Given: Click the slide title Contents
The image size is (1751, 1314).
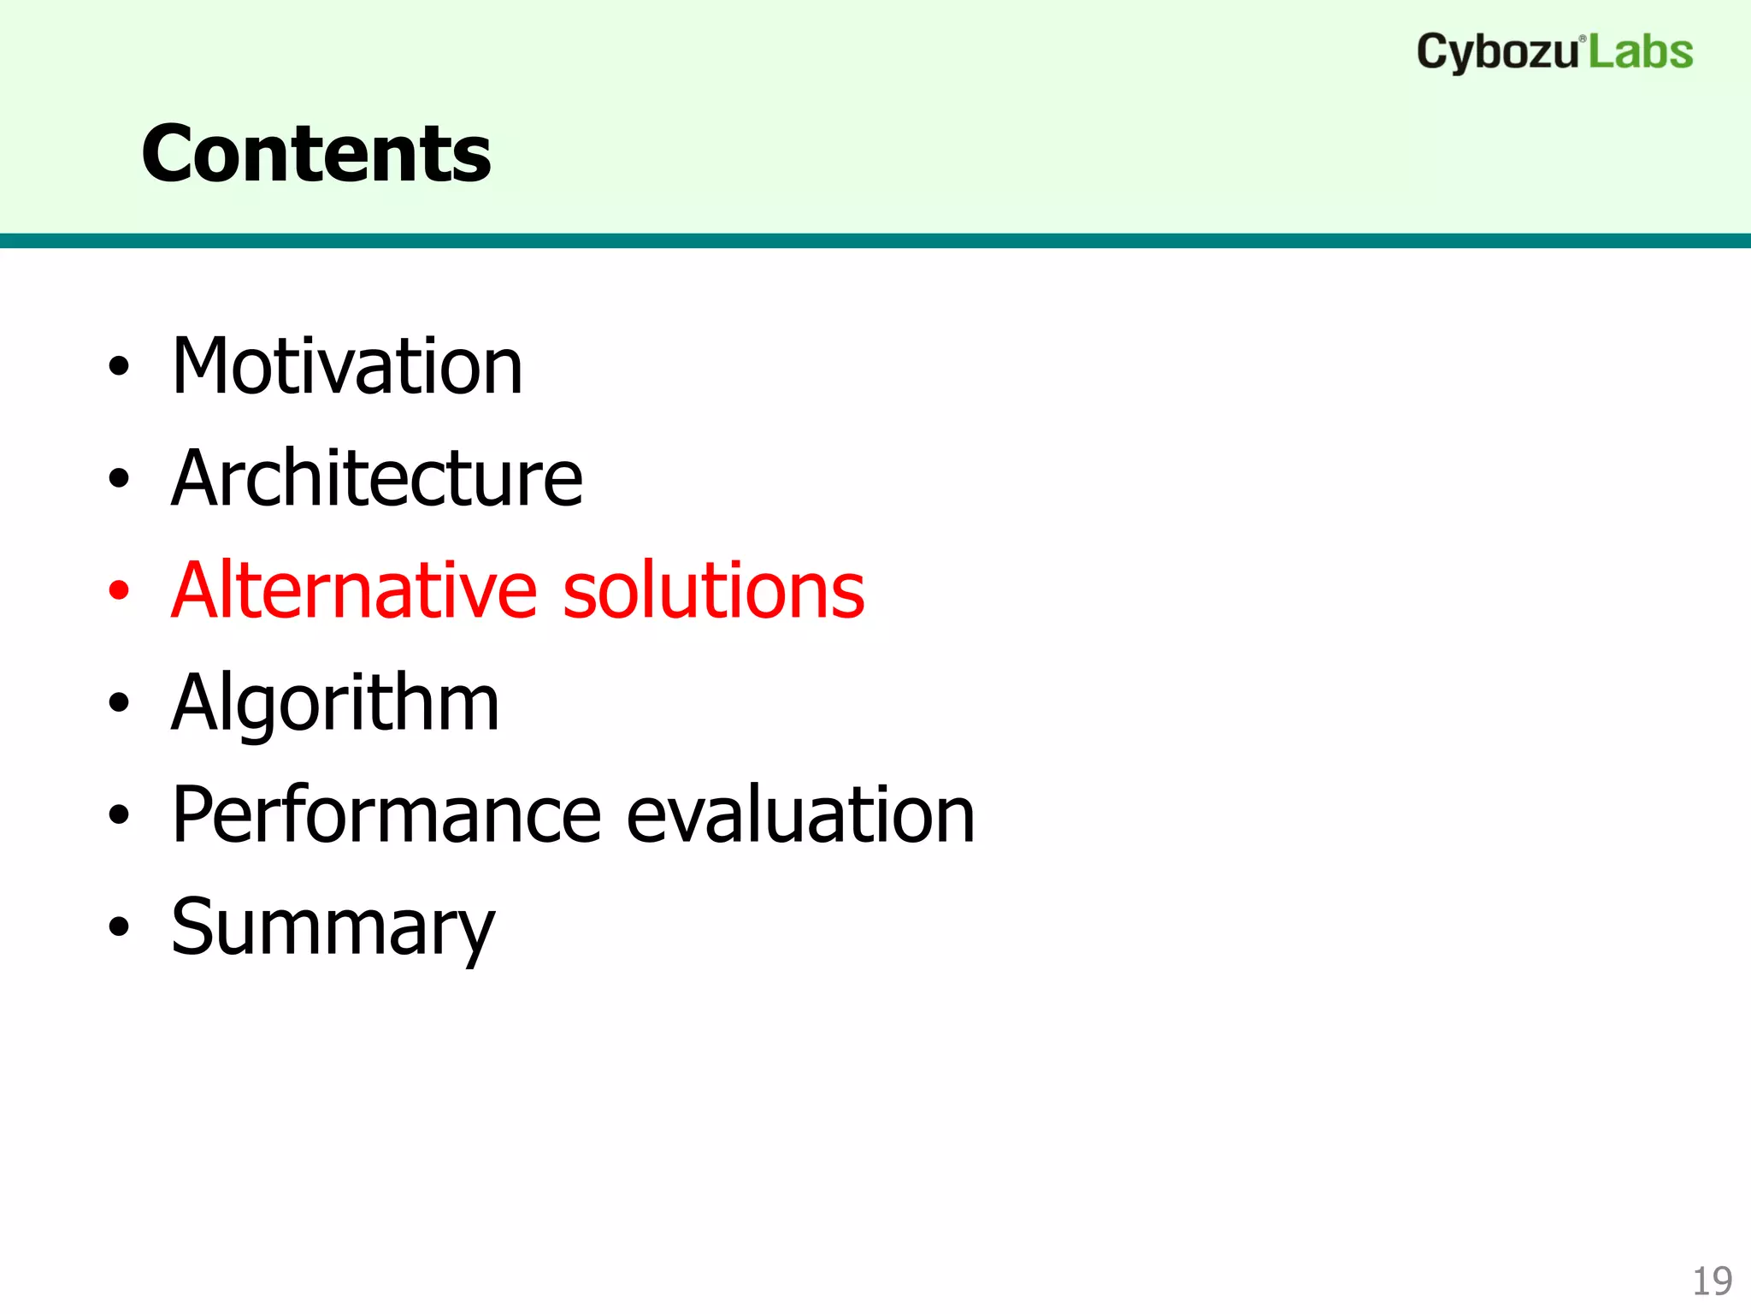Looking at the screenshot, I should click(x=315, y=154).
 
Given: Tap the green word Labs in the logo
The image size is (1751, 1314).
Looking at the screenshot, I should click(x=1641, y=52).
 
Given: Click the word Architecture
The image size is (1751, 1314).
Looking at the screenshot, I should click(x=376, y=478).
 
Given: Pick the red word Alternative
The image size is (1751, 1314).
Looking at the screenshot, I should click(x=353, y=590).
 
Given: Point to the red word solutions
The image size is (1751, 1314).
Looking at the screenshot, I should click(x=714, y=590).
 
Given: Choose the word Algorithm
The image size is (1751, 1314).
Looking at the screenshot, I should click(x=335, y=703).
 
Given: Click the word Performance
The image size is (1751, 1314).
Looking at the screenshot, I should click(x=386, y=815).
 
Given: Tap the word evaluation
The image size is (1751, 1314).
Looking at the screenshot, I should click(x=800, y=815).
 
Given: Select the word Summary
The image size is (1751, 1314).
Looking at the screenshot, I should click(x=333, y=928).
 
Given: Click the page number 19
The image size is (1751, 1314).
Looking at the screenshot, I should click(x=1712, y=1281).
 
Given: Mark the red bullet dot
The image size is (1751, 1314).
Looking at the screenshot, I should click(x=119, y=590).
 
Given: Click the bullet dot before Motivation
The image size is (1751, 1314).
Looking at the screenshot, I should click(x=119, y=367).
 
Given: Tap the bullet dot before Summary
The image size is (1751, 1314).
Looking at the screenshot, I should click(x=119, y=927).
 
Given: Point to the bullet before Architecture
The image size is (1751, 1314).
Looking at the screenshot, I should click(x=119, y=479).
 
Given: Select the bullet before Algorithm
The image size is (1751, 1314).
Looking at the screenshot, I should click(x=119, y=703).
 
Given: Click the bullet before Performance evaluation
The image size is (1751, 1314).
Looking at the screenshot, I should click(x=119, y=815).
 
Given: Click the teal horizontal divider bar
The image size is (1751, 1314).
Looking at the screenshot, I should click(x=875, y=240).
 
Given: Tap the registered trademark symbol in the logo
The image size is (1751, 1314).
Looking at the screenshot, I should click(x=1583, y=39).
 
